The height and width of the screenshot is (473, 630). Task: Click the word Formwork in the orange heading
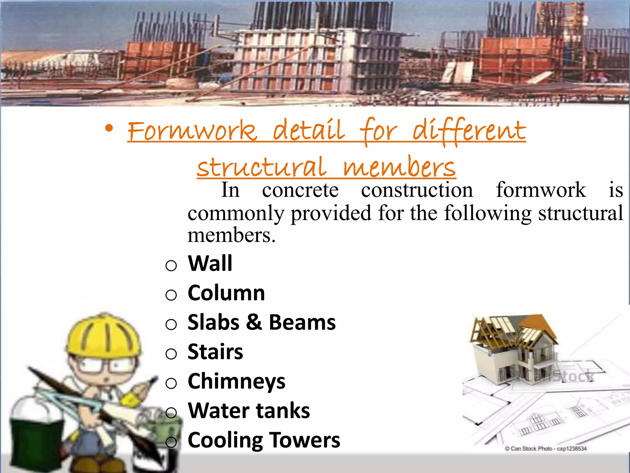(x=192, y=131)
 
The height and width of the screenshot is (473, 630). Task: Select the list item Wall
(x=210, y=264)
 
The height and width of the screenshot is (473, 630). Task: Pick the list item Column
(x=226, y=293)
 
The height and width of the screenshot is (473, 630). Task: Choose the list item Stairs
(x=215, y=352)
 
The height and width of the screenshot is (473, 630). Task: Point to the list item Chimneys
(x=236, y=382)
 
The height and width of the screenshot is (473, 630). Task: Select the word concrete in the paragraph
(x=300, y=190)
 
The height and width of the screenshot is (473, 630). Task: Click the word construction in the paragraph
(x=417, y=190)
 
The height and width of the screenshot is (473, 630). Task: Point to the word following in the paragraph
(x=488, y=213)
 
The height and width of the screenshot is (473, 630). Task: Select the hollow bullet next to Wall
(x=171, y=265)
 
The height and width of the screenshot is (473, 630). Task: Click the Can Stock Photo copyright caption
(x=545, y=448)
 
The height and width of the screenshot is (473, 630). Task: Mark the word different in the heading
(x=469, y=131)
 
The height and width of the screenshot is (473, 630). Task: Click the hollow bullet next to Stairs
(x=171, y=354)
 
